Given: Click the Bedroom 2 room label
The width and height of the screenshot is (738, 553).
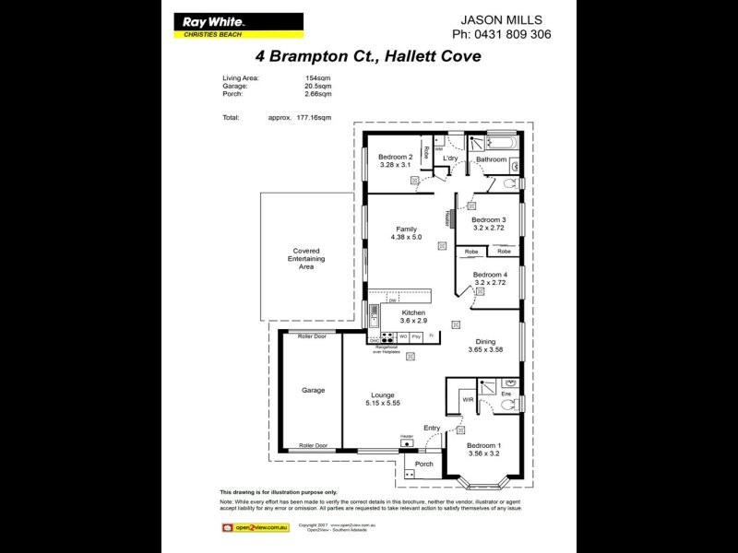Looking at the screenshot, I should pyautogui.click(x=397, y=158).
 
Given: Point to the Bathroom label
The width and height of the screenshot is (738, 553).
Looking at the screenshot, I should pyautogui.click(x=491, y=159).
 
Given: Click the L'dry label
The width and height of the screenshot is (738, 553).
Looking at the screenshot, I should pyautogui.click(x=450, y=159).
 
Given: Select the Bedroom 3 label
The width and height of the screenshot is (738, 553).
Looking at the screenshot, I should pyautogui.click(x=489, y=219).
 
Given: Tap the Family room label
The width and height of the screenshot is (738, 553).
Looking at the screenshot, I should pyautogui.click(x=406, y=229).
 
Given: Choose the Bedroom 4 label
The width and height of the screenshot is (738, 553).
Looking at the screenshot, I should pyautogui.click(x=490, y=275).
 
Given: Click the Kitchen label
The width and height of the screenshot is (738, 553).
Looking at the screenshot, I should pyautogui.click(x=412, y=313).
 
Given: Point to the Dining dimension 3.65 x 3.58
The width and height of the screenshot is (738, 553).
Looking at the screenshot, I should pyautogui.click(x=485, y=350).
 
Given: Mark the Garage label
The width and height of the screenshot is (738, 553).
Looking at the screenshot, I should pyautogui.click(x=313, y=390).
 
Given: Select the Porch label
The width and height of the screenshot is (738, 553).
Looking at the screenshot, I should pyautogui.click(x=424, y=464).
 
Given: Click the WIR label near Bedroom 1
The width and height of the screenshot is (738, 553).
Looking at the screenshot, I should pyautogui.click(x=468, y=400).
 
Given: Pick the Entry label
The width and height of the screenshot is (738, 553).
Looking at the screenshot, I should pyautogui.click(x=432, y=428).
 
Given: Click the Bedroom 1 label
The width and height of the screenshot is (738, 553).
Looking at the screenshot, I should pyautogui.click(x=483, y=445).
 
